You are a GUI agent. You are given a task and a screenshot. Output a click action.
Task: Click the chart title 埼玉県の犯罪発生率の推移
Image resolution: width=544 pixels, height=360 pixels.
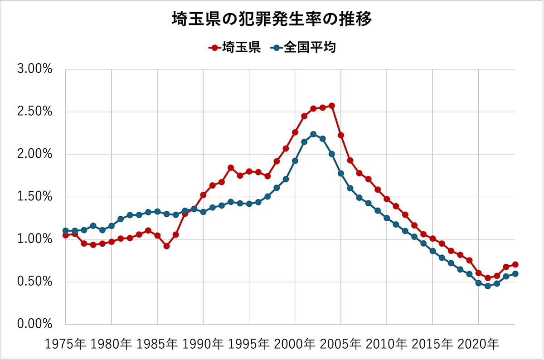272,19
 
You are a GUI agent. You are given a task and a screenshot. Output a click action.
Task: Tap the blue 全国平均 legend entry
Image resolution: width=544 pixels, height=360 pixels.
303,47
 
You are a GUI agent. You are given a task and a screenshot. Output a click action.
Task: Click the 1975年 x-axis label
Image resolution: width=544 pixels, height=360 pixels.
65,344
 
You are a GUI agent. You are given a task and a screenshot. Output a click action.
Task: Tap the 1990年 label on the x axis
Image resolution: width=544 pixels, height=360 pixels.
203,344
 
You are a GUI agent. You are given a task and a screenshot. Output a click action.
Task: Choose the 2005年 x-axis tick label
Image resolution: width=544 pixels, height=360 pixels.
341,344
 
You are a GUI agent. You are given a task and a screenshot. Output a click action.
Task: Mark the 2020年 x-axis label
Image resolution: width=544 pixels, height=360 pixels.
478,344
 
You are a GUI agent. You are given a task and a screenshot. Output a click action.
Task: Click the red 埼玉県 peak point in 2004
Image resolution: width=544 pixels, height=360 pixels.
332,106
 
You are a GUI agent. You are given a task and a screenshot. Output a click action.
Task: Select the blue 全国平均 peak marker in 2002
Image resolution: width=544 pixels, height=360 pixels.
313,134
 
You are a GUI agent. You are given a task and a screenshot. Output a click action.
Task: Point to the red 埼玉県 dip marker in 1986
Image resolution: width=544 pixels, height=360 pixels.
166,246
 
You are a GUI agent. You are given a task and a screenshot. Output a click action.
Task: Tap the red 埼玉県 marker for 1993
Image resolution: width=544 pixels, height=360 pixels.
231,168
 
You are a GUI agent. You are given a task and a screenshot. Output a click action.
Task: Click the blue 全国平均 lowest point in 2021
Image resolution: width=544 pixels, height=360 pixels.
488,286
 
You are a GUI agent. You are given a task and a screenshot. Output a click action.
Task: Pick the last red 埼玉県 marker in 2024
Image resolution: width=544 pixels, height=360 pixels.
515,264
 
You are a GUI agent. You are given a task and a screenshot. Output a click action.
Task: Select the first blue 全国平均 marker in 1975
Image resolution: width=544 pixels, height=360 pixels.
66,231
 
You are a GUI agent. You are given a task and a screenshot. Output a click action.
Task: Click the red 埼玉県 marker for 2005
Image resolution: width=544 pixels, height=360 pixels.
341,135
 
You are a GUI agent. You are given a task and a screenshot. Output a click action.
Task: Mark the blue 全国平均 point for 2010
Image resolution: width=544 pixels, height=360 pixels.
387,218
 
